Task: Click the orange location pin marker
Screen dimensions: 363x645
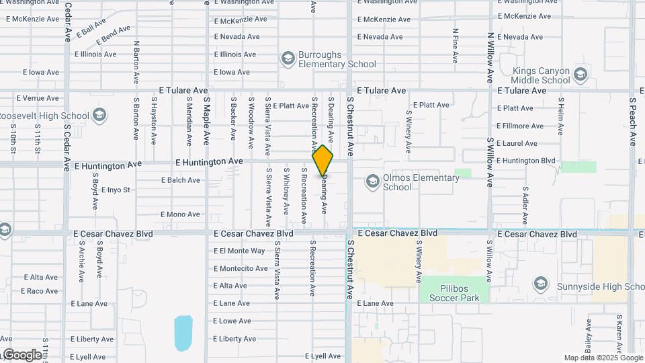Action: point(323,160)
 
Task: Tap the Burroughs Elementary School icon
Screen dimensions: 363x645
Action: point(288,59)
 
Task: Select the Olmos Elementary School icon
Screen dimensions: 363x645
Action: point(373,182)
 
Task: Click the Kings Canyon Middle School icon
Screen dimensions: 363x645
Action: point(580,75)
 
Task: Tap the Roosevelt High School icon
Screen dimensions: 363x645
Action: point(99,116)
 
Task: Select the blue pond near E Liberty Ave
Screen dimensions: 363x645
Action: point(183,333)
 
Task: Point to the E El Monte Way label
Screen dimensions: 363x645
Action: point(239,251)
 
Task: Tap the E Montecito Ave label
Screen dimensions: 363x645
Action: point(241,268)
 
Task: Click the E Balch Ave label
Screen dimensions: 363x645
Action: point(181,180)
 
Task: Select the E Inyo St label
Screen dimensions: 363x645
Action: point(116,190)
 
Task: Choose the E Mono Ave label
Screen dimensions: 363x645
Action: point(180,214)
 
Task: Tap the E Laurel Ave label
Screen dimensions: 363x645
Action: point(517,143)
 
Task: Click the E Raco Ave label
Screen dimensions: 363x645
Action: point(39,291)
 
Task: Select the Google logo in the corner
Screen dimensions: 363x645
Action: point(21,354)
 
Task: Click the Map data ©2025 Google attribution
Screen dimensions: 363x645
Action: point(603,358)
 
